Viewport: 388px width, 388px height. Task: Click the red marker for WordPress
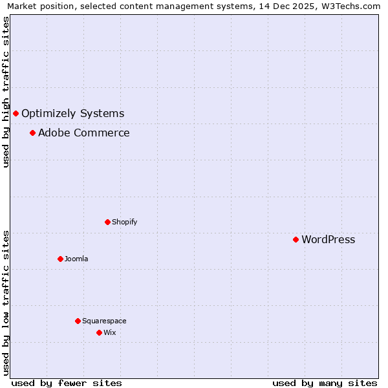tap(296, 239)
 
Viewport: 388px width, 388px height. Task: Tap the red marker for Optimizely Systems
tap(16, 114)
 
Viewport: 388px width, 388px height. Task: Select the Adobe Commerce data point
tap(32, 133)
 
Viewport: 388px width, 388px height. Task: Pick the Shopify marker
tap(107, 222)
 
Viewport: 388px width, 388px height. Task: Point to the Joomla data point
tap(60, 259)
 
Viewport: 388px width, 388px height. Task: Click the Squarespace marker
tap(78, 321)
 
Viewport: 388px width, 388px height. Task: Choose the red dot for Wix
tap(99, 332)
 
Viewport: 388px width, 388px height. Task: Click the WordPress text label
tap(329, 240)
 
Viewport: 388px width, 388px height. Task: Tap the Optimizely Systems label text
tap(73, 114)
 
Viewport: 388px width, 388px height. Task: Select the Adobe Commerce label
tap(84, 133)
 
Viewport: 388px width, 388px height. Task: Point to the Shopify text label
tap(125, 222)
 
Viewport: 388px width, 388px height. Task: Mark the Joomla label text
tap(76, 259)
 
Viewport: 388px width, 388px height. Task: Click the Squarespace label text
tap(104, 321)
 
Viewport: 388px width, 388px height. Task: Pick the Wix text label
tap(110, 332)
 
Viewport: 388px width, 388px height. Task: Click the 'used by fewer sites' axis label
tap(67, 383)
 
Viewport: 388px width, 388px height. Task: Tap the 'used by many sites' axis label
tap(325, 383)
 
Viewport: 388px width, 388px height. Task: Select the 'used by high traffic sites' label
tap(6, 92)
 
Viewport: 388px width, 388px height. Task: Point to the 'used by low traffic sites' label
tap(6, 303)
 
